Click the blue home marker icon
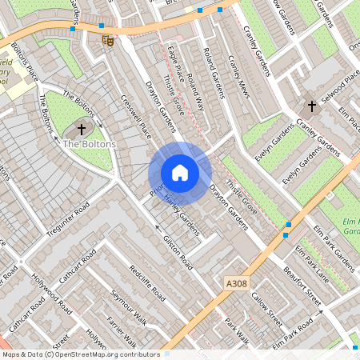pyautogui.click(x=180, y=173)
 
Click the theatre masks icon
pyautogui.click(x=107, y=39)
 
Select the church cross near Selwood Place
pyautogui.click(x=311, y=106)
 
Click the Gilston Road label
pyautogui.click(x=178, y=251)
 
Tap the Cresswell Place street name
pyautogui.click(x=134, y=116)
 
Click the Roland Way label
pyautogui.click(x=192, y=92)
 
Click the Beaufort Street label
pyautogui.click(x=302, y=285)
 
